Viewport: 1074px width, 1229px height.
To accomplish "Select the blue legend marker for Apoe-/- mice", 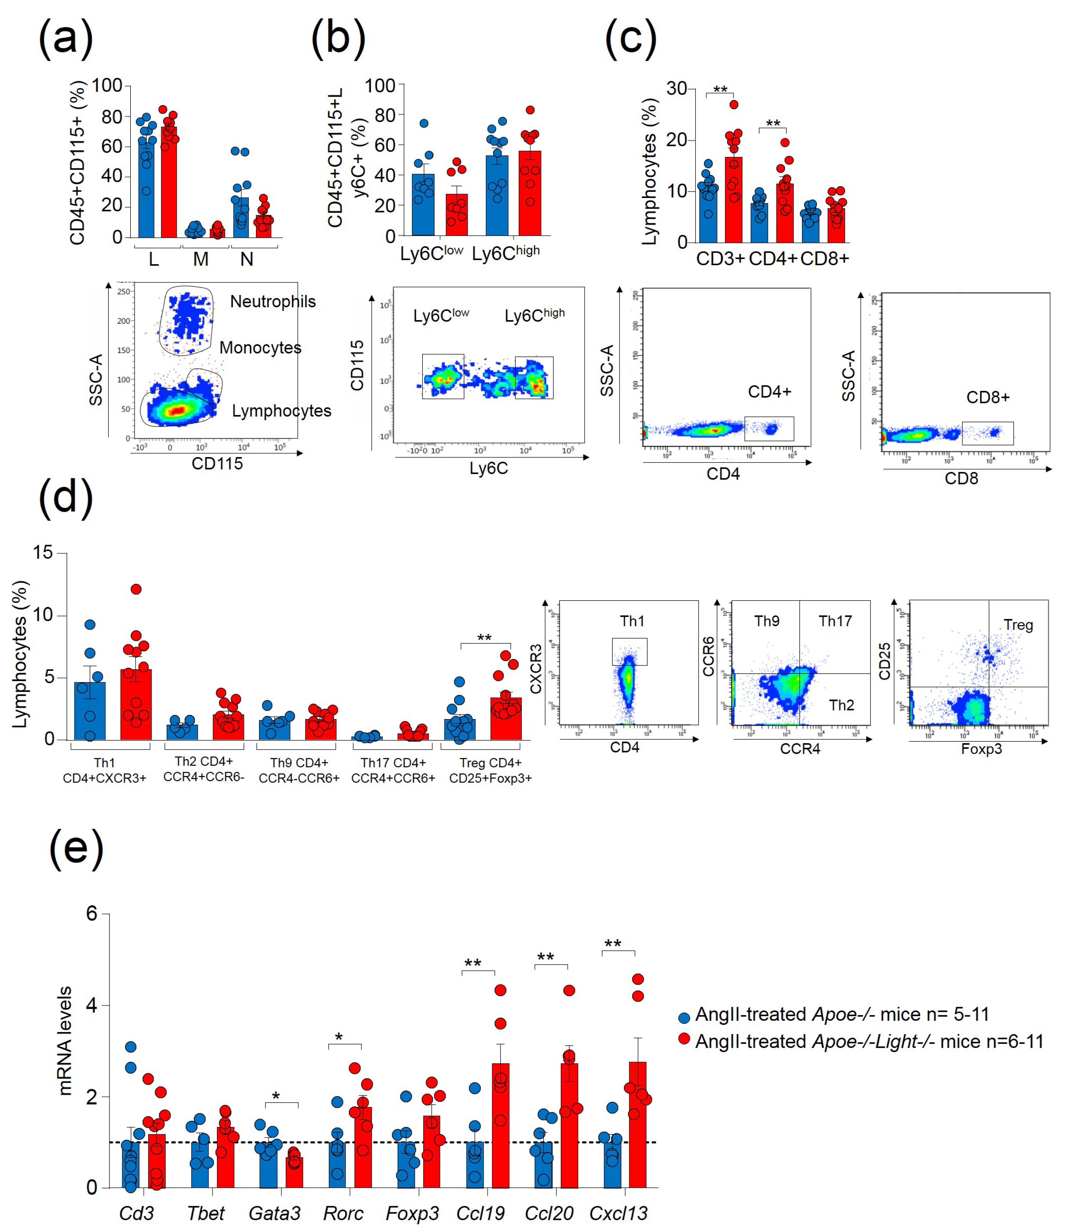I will coord(684,1017).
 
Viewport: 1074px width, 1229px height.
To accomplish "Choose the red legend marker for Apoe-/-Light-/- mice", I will coord(684,1039).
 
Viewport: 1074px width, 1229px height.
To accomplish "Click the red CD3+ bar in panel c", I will coord(733,201).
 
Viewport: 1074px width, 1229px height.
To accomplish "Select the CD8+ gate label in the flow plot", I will coord(988,397).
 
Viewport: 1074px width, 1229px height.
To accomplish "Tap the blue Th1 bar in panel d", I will coord(90,711).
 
